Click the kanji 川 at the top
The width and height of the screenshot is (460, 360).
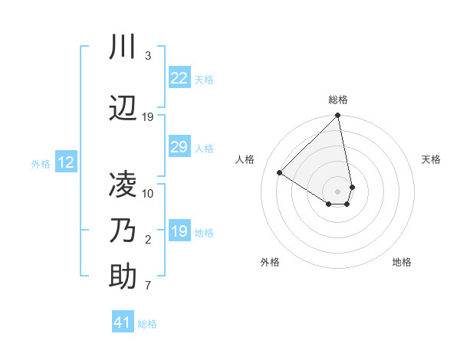point(123,47)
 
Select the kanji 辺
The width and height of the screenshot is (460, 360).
point(123,109)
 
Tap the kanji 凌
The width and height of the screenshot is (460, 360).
point(123,185)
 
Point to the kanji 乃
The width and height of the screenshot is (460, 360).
point(123,231)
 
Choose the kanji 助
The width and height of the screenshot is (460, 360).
point(123,277)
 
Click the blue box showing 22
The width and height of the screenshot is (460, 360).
point(179,77)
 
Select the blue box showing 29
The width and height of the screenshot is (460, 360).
point(179,147)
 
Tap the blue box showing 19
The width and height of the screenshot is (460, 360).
point(179,231)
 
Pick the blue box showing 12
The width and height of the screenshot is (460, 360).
point(65,162)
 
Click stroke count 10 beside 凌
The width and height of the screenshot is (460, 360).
point(148,193)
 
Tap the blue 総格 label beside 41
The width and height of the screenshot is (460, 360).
point(147,324)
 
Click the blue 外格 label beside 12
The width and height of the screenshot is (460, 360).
point(41,163)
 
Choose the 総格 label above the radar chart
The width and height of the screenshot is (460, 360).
point(338,100)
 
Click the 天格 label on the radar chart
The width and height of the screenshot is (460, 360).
point(431,159)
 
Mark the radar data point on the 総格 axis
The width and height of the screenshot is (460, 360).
point(337,116)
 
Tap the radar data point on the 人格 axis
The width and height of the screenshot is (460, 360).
point(279,173)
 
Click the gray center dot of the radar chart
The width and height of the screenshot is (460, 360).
point(337,191)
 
